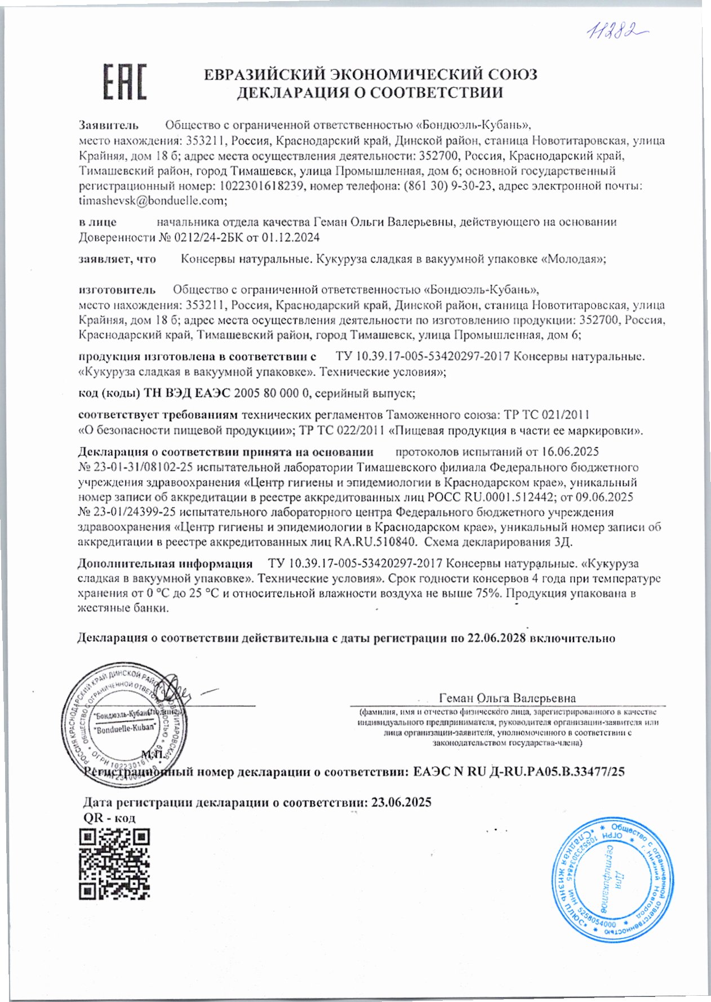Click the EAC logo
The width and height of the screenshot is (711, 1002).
click(x=124, y=83)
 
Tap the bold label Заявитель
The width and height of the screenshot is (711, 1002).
click(x=108, y=125)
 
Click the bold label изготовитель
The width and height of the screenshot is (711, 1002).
click(x=117, y=290)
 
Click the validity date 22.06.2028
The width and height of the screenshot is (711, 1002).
click(x=496, y=638)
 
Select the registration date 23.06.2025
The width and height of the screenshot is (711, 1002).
click(x=402, y=802)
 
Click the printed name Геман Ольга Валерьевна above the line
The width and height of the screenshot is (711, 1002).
click(x=507, y=698)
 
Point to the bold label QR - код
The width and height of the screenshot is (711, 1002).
click(x=109, y=818)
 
